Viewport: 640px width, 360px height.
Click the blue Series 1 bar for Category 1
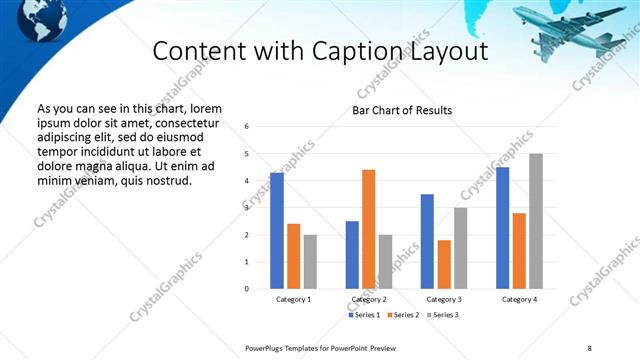tap(277, 231)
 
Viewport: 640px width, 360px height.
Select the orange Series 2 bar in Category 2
tap(369, 229)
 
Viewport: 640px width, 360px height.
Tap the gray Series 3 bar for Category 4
tap(536, 221)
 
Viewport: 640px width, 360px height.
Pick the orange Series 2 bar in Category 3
tap(444, 264)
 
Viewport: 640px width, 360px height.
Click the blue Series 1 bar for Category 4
tap(503, 228)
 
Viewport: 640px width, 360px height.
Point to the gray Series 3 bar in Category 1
tap(310, 262)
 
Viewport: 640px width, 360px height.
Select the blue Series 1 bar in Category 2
tap(352, 255)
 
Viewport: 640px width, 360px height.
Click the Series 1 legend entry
tap(364, 315)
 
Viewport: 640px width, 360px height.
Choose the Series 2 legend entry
tap(401, 315)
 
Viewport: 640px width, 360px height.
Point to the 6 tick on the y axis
tap(247, 127)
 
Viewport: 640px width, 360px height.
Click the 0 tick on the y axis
tap(247, 289)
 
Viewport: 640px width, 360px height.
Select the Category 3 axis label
tap(444, 300)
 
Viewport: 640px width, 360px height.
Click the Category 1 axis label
tap(293, 300)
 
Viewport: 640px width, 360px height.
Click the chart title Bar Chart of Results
tap(402, 110)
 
